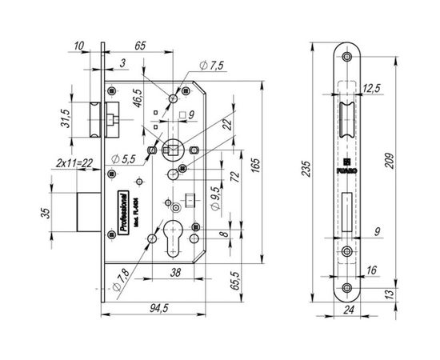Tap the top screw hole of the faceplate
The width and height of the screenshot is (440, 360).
(x=346, y=58)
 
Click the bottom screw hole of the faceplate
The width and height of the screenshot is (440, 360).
(x=346, y=286)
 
